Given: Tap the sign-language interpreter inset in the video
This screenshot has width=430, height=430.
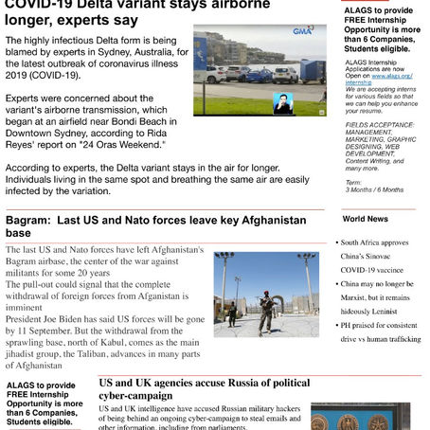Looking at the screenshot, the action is coord(282,102).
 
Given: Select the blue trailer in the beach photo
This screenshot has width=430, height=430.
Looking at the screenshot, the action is coord(312,71).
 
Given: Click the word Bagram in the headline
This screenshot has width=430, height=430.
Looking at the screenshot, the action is coord(31,220).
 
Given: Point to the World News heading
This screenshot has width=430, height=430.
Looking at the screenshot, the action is coord(365,219).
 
